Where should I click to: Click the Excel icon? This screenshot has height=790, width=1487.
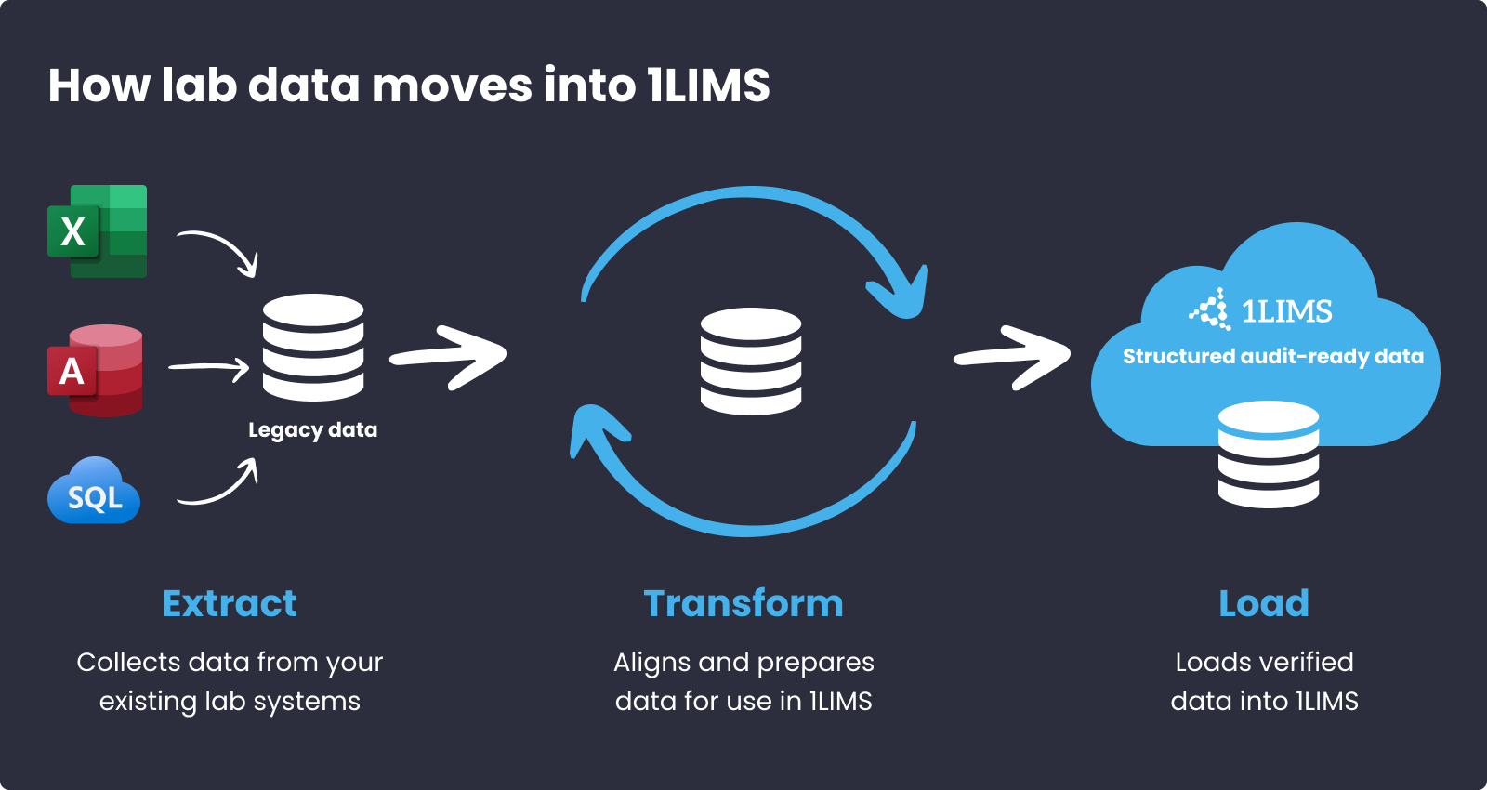pos(98,231)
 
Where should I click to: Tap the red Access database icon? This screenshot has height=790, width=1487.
pos(96,370)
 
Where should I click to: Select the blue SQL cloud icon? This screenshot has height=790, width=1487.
pos(94,492)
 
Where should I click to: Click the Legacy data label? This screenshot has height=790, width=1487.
pos(312,429)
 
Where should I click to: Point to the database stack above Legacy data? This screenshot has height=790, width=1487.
pos(313,347)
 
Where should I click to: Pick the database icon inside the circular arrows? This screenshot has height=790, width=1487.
pos(751,361)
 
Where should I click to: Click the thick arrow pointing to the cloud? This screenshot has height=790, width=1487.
pos(1013,357)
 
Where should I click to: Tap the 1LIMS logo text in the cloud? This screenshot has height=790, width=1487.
pos(1286,311)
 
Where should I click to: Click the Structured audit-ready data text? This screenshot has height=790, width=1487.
pos(1272,357)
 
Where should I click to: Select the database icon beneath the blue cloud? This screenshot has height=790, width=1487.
pos(1269,454)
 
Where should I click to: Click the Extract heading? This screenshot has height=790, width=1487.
pos(230,603)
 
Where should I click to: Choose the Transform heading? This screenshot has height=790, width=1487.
pos(743,603)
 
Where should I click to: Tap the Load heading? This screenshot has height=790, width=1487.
pos(1264,603)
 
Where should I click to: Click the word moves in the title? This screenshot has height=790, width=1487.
pos(452,86)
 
